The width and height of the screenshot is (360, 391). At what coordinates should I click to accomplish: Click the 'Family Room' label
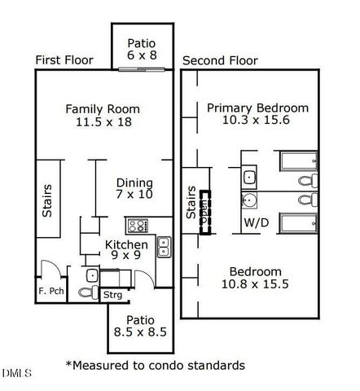click(x=103, y=108)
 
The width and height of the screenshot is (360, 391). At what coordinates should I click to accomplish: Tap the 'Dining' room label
click(x=134, y=182)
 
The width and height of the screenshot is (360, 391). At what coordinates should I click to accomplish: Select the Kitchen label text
click(x=127, y=244)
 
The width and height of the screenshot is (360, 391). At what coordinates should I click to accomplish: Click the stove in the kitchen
click(x=137, y=226)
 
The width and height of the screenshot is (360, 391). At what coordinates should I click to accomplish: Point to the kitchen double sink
click(x=163, y=246)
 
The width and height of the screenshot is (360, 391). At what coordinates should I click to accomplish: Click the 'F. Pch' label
click(x=50, y=290)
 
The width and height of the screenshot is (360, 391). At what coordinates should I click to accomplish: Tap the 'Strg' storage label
click(x=112, y=295)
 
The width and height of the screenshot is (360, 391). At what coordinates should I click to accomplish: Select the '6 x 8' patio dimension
click(x=143, y=57)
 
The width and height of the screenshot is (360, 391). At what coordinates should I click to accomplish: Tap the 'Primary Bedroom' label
click(x=257, y=108)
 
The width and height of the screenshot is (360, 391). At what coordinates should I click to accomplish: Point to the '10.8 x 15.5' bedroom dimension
click(x=255, y=284)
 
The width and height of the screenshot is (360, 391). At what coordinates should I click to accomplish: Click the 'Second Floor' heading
click(x=220, y=60)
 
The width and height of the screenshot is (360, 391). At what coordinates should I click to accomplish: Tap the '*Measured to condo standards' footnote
click(x=156, y=365)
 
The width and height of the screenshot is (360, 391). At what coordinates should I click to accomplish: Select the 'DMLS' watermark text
click(x=16, y=373)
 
